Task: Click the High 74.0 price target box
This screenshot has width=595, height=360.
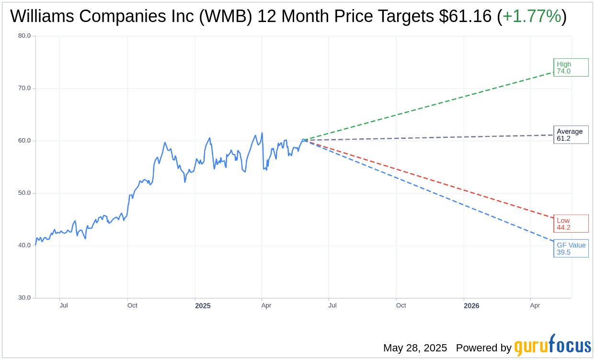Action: click(x=571, y=67)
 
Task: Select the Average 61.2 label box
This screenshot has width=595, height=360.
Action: click(x=571, y=135)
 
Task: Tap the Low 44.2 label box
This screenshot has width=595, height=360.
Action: click(x=571, y=224)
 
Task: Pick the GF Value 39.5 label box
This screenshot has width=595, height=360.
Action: click(x=571, y=248)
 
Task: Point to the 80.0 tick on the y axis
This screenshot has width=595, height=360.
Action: click(x=24, y=36)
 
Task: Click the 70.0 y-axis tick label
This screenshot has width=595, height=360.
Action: click(x=24, y=88)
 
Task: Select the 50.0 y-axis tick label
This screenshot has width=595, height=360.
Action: click(x=24, y=193)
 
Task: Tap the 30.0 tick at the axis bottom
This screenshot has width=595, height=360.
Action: click(x=24, y=298)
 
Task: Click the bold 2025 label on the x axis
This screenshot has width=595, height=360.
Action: click(x=203, y=306)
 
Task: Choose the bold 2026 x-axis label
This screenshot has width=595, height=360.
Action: click(x=471, y=306)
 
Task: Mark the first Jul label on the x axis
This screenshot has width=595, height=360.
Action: click(x=64, y=305)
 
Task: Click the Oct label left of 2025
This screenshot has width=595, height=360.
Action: click(x=132, y=305)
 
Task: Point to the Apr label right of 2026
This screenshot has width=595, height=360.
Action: click(x=535, y=305)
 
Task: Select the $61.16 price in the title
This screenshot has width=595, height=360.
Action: click(x=465, y=17)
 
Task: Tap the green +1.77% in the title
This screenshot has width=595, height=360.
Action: click(x=532, y=17)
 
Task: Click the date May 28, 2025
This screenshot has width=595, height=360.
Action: click(x=415, y=348)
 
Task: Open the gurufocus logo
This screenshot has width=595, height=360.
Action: click(x=552, y=346)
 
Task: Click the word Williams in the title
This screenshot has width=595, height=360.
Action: click(x=42, y=17)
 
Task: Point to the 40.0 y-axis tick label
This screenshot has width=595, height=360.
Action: click(x=24, y=246)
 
